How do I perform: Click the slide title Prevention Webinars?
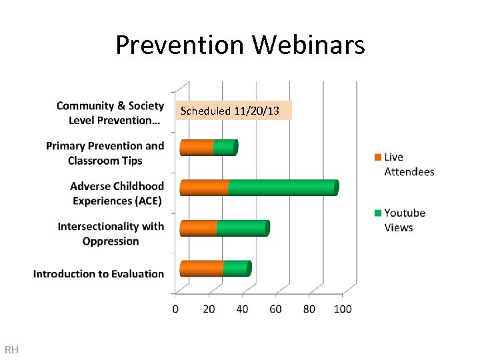(240, 45)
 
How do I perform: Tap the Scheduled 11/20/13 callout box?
(234, 111)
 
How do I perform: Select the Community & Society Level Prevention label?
(110, 113)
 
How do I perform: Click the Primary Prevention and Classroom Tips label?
(105, 153)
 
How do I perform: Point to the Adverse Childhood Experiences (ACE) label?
(117, 193)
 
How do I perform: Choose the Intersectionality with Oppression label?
(111, 234)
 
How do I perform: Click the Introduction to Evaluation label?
(99, 274)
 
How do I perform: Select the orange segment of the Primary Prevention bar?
(197, 147)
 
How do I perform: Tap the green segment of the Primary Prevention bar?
(225, 147)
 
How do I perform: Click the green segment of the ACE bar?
(281, 188)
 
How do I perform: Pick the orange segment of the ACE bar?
(204, 188)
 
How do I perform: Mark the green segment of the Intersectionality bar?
(241, 229)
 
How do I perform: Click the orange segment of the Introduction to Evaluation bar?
(201, 269)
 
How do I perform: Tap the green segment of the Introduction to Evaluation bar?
(236, 269)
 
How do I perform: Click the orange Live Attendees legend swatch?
(377, 157)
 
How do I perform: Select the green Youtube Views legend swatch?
(377, 213)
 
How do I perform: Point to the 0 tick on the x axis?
(175, 309)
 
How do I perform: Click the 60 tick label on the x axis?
(275, 309)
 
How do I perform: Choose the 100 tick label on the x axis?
(343, 309)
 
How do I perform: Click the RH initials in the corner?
(11, 349)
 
